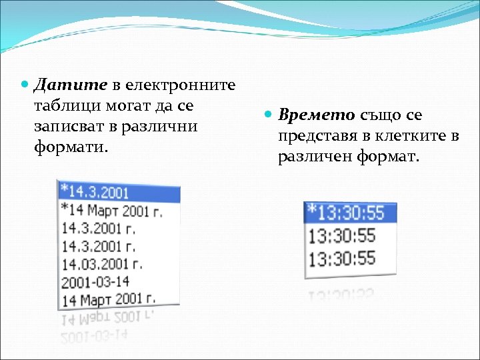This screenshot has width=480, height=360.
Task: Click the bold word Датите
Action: click(70, 85)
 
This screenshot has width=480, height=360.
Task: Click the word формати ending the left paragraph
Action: click(69, 145)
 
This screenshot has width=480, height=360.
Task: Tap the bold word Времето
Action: click(317, 115)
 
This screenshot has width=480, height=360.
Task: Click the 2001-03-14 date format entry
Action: click(95, 281)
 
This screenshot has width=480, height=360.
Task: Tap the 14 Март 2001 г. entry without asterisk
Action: click(107, 299)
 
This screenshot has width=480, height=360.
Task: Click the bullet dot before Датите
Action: click(25, 85)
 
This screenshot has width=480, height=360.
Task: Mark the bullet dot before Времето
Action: click(270, 115)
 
